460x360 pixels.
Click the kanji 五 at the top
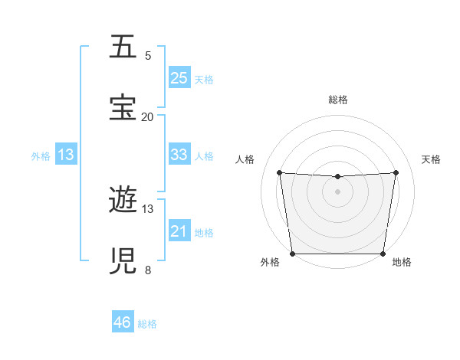(x=123, y=47)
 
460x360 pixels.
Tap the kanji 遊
(x=123, y=201)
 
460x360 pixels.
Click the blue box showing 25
(x=179, y=77)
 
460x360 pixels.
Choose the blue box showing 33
(x=179, y=154)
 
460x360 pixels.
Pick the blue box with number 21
(x=179, y=231)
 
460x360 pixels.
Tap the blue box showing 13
(x=66, y=154)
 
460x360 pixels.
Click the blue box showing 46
(x=123, y=322)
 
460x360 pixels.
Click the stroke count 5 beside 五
(x=148, y=56)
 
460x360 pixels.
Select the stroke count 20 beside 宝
(x=147, y=117)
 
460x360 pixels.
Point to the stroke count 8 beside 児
(x=148, y=270)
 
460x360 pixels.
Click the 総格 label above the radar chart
(x=337, y=100)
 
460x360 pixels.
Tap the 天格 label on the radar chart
(x=431, y=159)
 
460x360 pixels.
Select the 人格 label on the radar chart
(x=245, y=159)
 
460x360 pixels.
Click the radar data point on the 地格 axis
(x=383, y=254)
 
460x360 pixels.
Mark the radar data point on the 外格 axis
(x=292, y=254)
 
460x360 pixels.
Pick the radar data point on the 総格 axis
(x=337, y=177)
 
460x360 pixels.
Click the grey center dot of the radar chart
(x=337, y=191)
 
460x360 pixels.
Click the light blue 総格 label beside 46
(x=147, y=324)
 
